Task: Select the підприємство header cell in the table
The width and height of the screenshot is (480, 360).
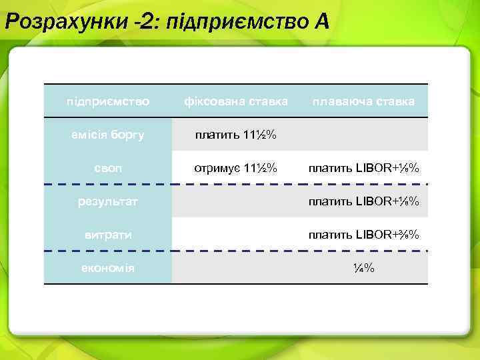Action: pos(107,102)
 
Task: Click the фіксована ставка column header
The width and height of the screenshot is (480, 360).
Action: pos(236,102)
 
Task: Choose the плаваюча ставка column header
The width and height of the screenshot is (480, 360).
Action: pos(364,102)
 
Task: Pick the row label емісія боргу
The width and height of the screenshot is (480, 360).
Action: pos(107,135)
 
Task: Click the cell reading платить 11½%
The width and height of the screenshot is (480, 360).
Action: pos(236,135)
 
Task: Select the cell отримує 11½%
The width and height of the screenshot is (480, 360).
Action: pos(236,167)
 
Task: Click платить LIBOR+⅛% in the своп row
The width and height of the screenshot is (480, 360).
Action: pos(364,167)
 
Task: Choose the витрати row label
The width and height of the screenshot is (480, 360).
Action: pos(107,234)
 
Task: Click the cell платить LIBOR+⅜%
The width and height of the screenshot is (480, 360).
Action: pos(364,234)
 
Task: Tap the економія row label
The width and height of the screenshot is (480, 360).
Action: pos(107,268)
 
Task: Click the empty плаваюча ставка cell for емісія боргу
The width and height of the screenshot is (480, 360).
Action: pos(364,135)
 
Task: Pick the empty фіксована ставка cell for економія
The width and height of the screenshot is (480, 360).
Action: pos(236,268)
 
